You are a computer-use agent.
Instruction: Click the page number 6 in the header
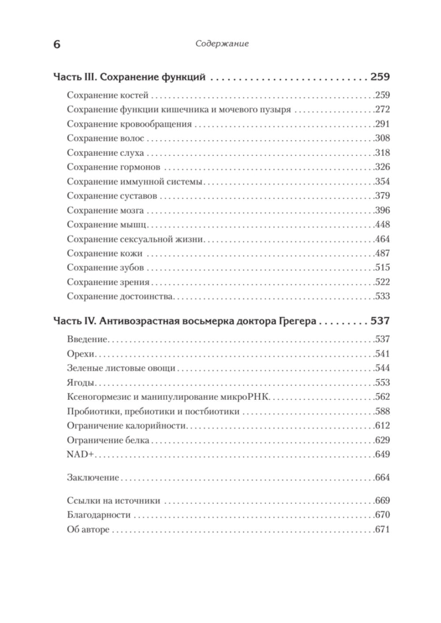(56, 45)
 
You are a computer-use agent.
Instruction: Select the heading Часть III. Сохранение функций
(129, 77)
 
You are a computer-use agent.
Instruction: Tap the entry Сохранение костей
(108, 95)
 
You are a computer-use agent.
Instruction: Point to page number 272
(382, 110)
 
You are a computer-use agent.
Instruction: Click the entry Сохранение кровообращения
(129, 124)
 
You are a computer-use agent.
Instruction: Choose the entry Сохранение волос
(105, 138)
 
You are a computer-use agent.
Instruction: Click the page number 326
(382, 167)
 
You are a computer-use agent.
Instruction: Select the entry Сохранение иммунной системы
(135, 182)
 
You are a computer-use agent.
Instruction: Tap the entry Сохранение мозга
(105, 210)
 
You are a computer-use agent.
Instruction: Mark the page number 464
(382, 239)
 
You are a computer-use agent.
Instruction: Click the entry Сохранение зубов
(105, 268)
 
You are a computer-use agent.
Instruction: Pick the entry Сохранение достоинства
(120, 296)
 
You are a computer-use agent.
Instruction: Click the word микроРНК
(243, 397)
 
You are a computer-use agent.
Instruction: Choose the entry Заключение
(93, 478)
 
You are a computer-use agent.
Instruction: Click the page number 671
(382, 530)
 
